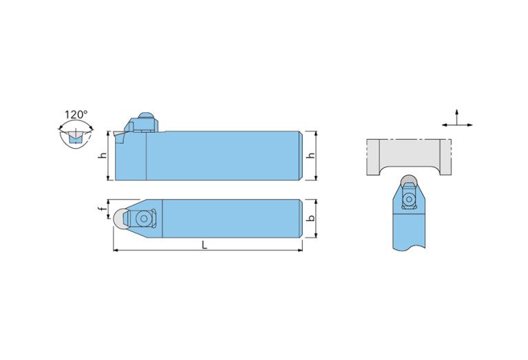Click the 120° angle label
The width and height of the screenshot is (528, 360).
coord(76,114)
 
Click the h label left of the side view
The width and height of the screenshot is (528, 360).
coord(103,156)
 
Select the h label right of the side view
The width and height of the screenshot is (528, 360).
coord(311,156)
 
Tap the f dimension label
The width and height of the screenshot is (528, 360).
coord(103,209)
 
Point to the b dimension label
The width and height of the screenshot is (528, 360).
coord(311,218)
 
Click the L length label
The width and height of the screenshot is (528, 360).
coord(204,245)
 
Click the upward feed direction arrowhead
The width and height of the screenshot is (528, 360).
coord(456,112)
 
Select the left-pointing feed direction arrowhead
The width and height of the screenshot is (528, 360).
coord(445,125)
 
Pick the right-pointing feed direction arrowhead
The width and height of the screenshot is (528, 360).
coord(469,125)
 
